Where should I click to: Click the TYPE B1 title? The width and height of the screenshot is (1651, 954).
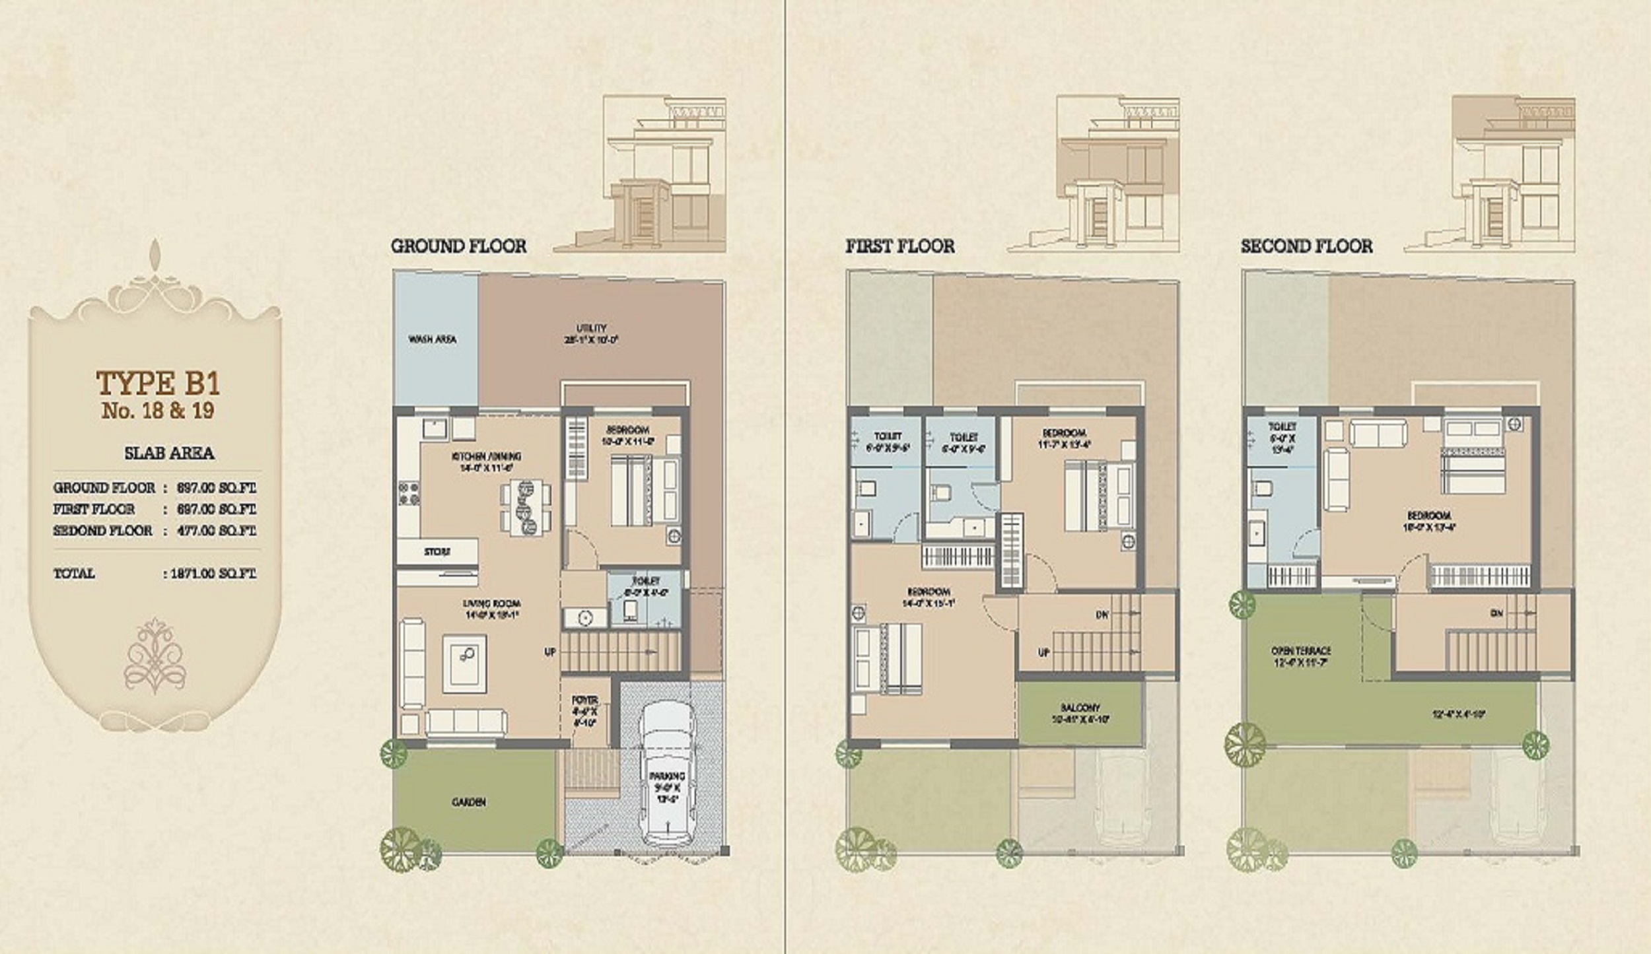coord(158,382)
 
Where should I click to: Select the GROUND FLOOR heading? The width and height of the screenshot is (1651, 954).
coord(458,246)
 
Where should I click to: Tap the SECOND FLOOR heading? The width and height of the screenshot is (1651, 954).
coord(1306,246)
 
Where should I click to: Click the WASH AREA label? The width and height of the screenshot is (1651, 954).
coord(433,339)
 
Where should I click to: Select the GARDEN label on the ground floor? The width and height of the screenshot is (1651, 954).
coord(468,801)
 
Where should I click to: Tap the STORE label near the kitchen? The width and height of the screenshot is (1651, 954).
coord(437,551)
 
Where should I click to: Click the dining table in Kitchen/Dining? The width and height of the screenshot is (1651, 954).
coord(526,508)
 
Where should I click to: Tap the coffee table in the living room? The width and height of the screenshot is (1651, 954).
coord(464,664)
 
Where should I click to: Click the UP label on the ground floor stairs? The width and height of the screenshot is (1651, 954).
coord(549,652)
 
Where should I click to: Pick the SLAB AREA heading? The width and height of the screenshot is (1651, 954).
coord(169,453)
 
